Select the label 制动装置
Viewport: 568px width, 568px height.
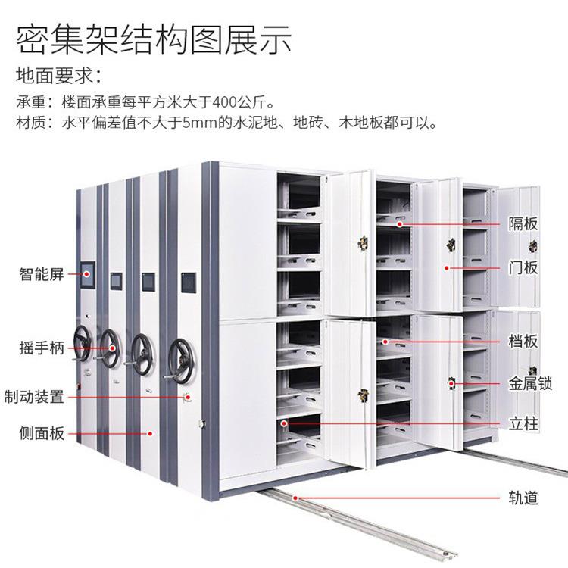point(34,396)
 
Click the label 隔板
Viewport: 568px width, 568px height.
point(523,224)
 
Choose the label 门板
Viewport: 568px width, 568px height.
point(523,267)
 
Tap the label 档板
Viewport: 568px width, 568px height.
point(523,342)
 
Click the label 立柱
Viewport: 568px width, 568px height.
point(523,423)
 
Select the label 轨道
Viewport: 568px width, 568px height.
point(523,498)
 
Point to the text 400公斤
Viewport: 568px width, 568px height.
point(247,101)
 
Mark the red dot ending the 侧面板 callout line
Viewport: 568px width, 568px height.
point(151,434)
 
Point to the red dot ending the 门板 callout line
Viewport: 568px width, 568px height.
point(447,268)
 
